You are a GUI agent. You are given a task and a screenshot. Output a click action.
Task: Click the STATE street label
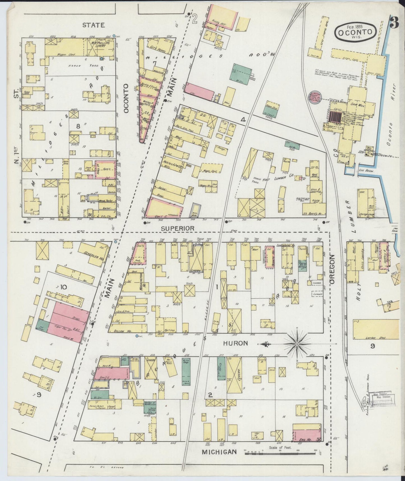[94, 25]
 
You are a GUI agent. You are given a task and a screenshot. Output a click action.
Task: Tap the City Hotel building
[157, 47]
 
